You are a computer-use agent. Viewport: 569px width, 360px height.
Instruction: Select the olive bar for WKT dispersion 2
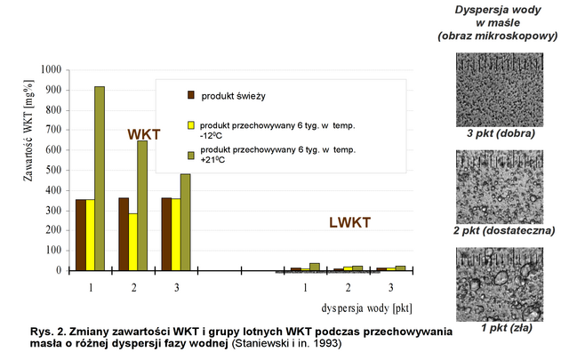click(x=142, y=204)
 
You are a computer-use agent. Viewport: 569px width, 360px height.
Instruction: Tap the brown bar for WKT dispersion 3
click(x=166, y=234)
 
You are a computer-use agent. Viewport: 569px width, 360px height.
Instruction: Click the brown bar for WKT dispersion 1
click(x=81, y=235)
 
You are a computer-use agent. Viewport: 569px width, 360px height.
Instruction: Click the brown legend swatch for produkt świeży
click(x=191, y=95)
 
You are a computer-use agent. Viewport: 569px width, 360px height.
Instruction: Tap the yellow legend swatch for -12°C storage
click(x=191, y=125)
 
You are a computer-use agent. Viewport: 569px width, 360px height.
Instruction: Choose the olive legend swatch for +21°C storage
click(x=191, y=156)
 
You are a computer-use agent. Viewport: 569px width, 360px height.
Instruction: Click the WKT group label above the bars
click(x=143, y=134)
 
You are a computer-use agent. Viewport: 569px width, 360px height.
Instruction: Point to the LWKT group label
click(x=347, y=222)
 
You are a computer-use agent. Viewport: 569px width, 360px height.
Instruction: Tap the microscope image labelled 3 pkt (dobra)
click(x=505, y=89)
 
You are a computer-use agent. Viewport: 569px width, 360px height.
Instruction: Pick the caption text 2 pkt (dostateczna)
click(x=505, y=231)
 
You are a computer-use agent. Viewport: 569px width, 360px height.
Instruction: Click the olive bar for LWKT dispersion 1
click(x=315, y=267)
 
